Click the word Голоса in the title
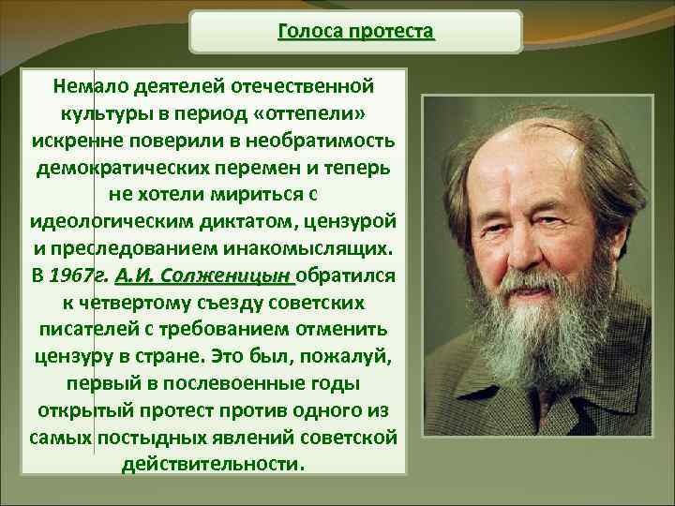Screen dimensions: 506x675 click(x=310, y=32)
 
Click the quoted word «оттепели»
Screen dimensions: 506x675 click(x=309, y=113)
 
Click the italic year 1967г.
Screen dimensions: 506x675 click(x=76, y=276)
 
